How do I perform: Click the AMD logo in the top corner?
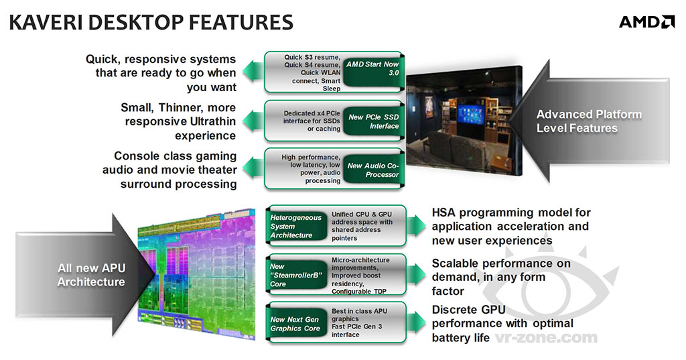(646, 22)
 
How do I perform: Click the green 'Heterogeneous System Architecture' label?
(295, 226)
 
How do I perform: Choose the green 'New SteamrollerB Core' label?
(295, 275)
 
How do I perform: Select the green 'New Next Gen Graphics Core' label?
(295, 324)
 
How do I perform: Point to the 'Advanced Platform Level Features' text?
(589, 121)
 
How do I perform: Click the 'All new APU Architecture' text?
(91, 275)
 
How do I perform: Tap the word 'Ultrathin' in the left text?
(208, 121)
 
